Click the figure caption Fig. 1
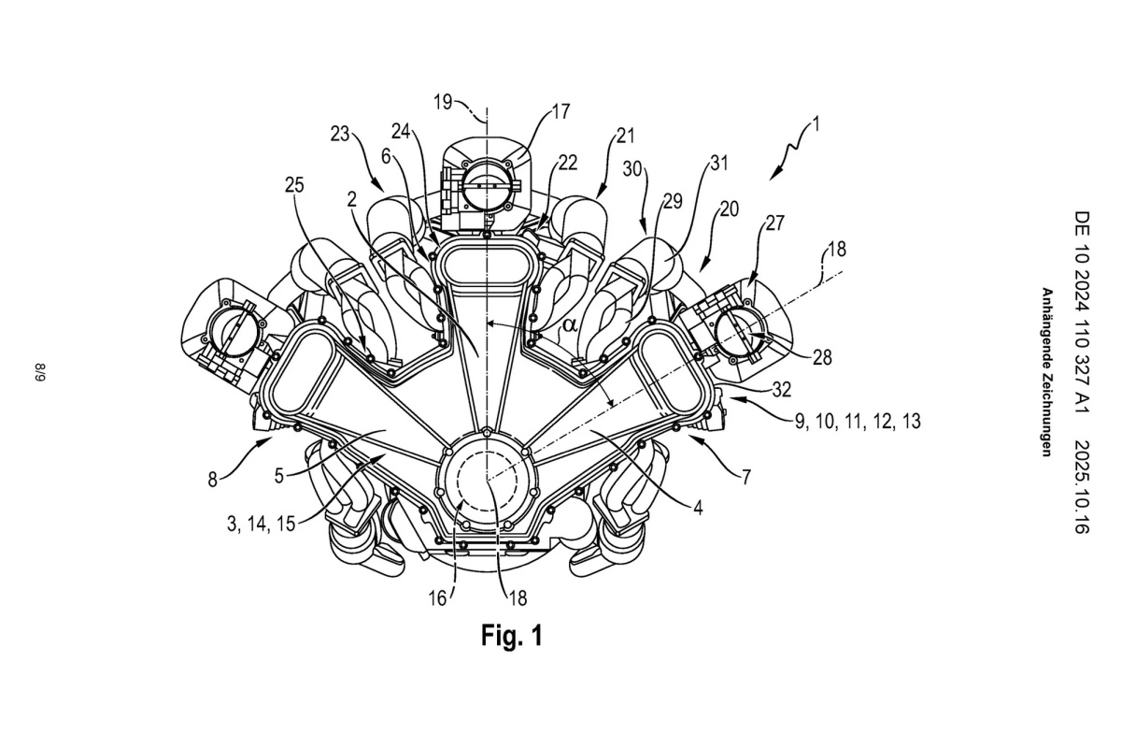512,636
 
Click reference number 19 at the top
443,102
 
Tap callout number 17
561,111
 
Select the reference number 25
294,186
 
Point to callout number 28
822,358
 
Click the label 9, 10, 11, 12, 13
858,422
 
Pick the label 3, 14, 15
261,524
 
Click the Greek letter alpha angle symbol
570,325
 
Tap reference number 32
781,389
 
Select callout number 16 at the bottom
437,598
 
